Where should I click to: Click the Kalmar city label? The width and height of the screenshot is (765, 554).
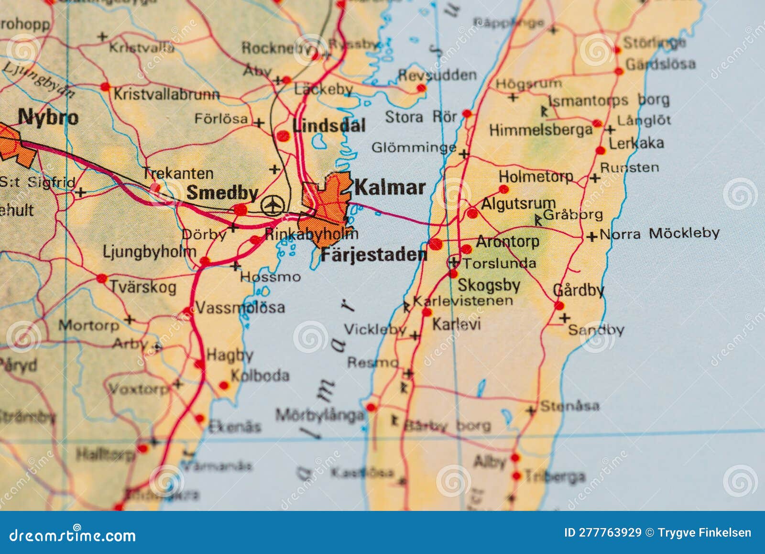pos(390,188)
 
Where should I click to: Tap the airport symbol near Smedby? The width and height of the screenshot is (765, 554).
pos(273,206)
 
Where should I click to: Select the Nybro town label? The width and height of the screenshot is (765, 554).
pos(48,117)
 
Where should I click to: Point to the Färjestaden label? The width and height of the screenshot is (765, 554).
pos(373,255)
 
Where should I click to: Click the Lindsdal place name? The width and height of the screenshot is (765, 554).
pos(329,126)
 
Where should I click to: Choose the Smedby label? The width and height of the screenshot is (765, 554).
pos(222,193)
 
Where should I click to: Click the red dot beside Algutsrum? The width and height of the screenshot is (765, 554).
pos(472,213)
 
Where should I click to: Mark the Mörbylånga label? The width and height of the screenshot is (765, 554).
pos(319,415)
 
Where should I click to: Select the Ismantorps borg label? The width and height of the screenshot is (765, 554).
pos(608,101)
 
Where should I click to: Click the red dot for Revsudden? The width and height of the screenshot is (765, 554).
pos(421,88)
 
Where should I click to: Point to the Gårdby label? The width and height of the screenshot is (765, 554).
pos(578,290)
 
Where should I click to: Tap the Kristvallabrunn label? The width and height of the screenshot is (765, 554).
pos(166,94)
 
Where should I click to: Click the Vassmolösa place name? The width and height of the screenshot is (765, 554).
pos(240,307)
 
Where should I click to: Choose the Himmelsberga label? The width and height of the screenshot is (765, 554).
pos(540,130)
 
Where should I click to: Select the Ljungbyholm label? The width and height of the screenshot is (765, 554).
pos(149,252)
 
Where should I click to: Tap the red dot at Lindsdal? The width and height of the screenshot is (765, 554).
pos(283,136)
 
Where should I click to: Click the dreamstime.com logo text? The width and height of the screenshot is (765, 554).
pos(72,535)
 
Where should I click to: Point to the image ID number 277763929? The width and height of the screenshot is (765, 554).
pos(610,533)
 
